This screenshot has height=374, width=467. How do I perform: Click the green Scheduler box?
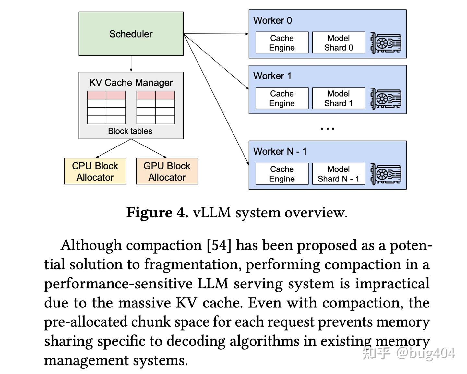(x=131, y=34)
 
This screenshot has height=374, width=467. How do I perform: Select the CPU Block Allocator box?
(x=95, y=171)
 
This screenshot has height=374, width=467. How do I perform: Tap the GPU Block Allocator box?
(x=167, y=171)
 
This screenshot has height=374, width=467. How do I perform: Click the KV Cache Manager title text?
(x=131, y=83)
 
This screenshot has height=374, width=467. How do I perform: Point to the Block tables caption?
(x=130, y=131)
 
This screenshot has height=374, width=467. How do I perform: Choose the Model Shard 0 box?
(x=339, y=43)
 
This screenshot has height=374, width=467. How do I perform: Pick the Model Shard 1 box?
(x=339, y=98)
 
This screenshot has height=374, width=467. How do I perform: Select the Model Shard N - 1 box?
(x=339, y=174)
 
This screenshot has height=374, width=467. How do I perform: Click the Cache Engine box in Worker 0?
(x=282, y=43)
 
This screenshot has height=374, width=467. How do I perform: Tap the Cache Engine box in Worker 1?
(x=282, y=98)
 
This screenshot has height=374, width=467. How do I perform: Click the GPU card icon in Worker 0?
(x=386, y=43)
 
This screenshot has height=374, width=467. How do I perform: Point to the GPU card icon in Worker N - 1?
(x=386, y=174)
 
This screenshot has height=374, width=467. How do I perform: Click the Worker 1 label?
(x=272, y=76)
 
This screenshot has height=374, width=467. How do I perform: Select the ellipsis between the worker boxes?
(x=328, y=128)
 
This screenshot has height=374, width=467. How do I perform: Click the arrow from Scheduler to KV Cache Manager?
(x=131, y=64)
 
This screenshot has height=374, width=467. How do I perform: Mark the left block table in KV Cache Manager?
(x=106, y=108)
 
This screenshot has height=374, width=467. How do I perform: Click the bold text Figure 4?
(x=157, y=213)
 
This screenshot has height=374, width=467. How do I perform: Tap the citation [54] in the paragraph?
(x=219, y=245)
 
